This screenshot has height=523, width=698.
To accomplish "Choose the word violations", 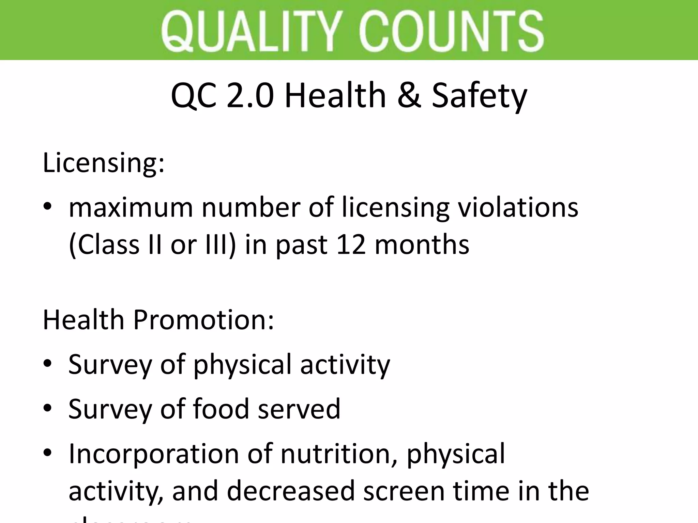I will tap(518, 208).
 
